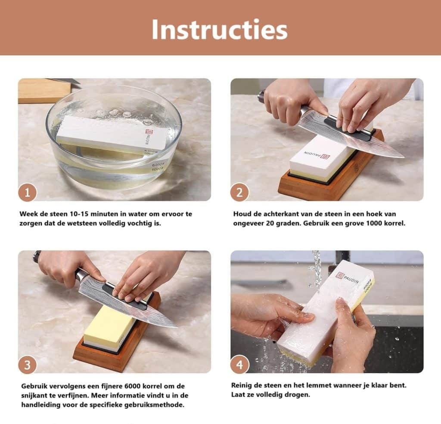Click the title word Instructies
click(220, 30)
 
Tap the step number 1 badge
click(27, 193)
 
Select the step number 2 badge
click(239, 193)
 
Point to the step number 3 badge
click(27, 365)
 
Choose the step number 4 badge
click(239, 365)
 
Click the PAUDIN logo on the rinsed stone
click(347, 278)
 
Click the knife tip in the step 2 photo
click(404, 157)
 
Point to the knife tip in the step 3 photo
click(177, 327)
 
